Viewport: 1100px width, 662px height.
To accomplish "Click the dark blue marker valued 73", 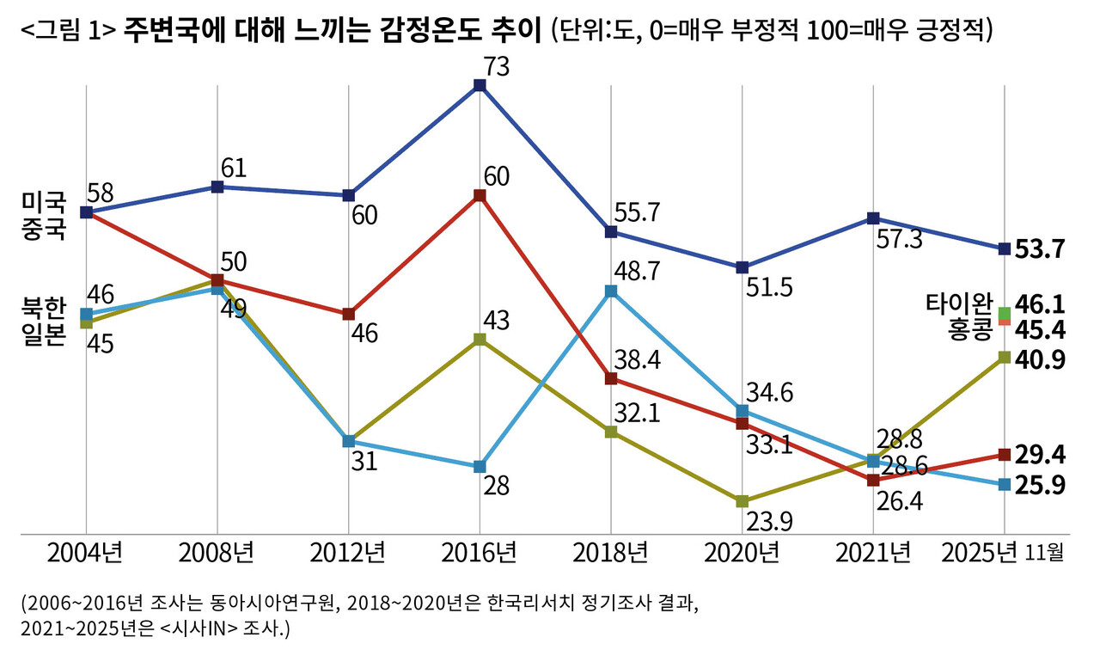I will [480, 85].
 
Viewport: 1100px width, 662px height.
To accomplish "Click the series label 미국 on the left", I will [44, 203].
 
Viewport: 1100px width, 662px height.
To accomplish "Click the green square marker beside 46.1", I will [1004, 312].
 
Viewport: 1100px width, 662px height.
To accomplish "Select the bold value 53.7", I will [1041, 249].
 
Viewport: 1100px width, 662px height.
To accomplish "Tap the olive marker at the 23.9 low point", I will [742, 500].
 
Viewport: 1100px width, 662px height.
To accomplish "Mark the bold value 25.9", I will [1041, 485].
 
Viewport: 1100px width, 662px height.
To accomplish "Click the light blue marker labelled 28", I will [480, 467].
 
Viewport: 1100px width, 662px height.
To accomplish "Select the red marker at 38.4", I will [611, 379].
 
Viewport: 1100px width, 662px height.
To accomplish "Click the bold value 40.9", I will [1041, 359].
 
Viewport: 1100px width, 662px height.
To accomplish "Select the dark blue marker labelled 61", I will [217, 187].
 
